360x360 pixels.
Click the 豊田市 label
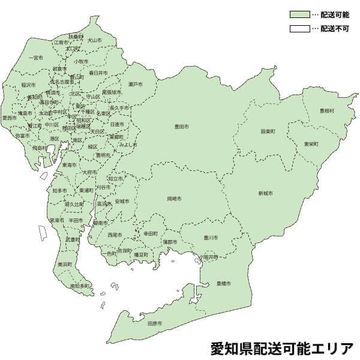point(182,127)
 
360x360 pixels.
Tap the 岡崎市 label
point(175,197)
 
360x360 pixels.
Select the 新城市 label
point(266,193)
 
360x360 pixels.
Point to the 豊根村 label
point(327,111)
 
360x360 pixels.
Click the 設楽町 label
point(268,131)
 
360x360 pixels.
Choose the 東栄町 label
point(311,144)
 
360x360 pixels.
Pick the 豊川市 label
point(210,237)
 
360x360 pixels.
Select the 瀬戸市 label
point(136,84)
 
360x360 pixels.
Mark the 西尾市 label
point(114,235)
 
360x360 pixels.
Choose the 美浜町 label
point(65,263)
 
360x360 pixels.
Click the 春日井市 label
point(98,73)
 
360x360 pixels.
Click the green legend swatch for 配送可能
point(299,13)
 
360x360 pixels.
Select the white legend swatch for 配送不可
point(299,28)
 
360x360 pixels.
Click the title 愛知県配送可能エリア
point(282,347)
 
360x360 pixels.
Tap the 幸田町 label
point(151,233)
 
